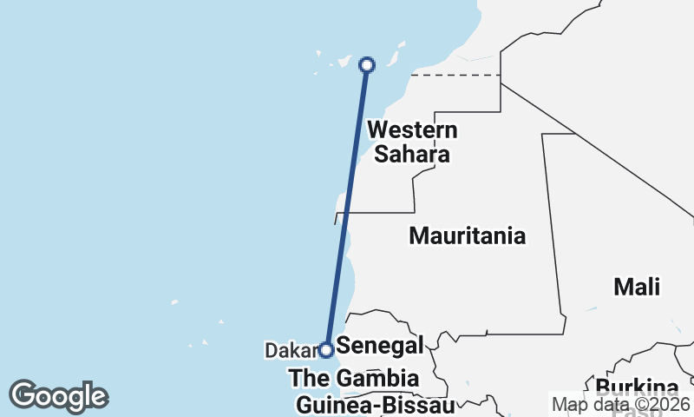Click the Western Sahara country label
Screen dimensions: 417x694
pos(412,142)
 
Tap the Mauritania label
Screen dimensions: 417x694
pos(467,235)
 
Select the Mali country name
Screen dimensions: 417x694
pos(636,287)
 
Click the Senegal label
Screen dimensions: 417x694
pos(380,345)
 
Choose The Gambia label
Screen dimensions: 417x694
pos(354,378)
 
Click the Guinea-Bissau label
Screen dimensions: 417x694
pos(375,405)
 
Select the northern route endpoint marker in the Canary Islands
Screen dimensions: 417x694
pos(367,64)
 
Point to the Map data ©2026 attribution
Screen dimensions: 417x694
pos(620,404)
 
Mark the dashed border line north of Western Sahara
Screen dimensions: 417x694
pos(455,76)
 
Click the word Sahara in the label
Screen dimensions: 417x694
pos(412,156)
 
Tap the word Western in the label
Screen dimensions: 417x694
pos(412,130)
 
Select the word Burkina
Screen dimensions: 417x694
pos(637,387)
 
